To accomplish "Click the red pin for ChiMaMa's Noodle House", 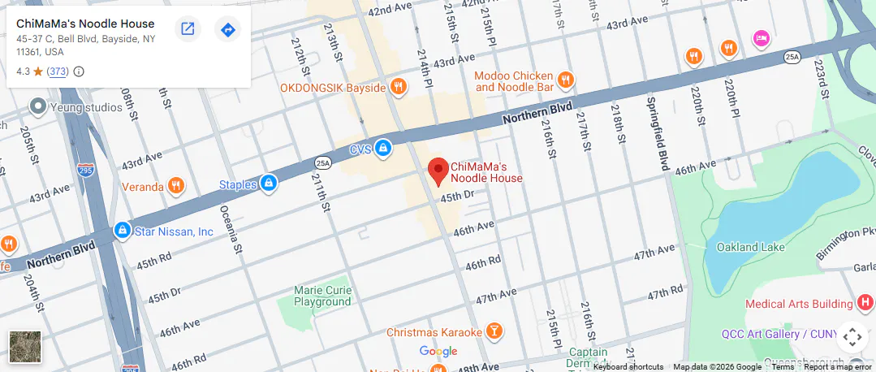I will (438, 170).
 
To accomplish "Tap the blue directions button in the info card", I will (228, 30).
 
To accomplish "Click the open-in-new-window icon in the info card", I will (188, 30).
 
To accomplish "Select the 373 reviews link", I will (58, 71).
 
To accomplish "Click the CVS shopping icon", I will (383, 149).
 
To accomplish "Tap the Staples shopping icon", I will (267, 184).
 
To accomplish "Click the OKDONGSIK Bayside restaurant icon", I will (398, 86).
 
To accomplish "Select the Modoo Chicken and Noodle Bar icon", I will (566, 80).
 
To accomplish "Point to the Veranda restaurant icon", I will (175, 187).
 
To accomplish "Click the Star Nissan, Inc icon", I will (123, 231).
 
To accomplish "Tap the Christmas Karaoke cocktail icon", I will (493, 331).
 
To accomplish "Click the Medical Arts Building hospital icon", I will (865, 304).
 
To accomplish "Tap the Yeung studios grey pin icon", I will (37, 106).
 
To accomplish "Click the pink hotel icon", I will (761, 37).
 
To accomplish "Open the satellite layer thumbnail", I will (25, 345).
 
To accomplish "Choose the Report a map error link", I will (838, 367).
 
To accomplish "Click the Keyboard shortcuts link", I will (628, 367).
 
